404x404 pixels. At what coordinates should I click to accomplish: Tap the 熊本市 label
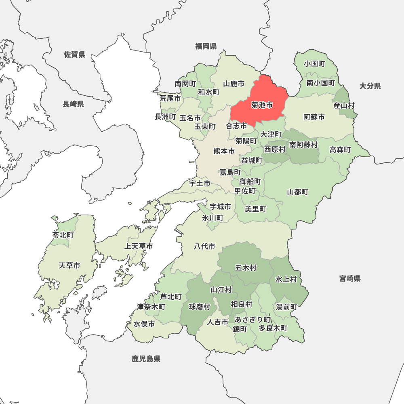pos(224,151)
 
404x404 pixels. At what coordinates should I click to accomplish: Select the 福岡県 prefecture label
pos(206,46)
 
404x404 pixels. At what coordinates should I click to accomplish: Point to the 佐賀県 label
pos(74,55)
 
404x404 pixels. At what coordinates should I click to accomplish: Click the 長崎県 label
pos(73,104)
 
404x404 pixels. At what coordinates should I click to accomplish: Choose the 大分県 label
pos(370,86)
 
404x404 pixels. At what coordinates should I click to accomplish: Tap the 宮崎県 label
pos(350,278)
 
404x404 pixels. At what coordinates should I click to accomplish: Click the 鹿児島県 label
pos(146,358)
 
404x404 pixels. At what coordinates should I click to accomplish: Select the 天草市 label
pos(69,265)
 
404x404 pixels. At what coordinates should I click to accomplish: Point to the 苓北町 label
pos(63,235)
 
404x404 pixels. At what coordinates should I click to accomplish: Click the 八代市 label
pos(204,246)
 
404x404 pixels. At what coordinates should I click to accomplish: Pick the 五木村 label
pos(246,267)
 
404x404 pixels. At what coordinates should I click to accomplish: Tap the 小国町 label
pos(315,64)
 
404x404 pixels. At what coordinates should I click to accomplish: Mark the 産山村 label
pos(344,105)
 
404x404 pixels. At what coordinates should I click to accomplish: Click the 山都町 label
pos(298,192)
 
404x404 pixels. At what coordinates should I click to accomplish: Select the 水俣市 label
pos(144,324)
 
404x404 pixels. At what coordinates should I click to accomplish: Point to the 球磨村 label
pos(200,307)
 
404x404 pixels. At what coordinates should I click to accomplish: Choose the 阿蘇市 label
pos(314,117)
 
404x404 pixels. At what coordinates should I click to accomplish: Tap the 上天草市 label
pos(139,246)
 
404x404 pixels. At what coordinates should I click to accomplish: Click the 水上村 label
pos(286,279)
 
